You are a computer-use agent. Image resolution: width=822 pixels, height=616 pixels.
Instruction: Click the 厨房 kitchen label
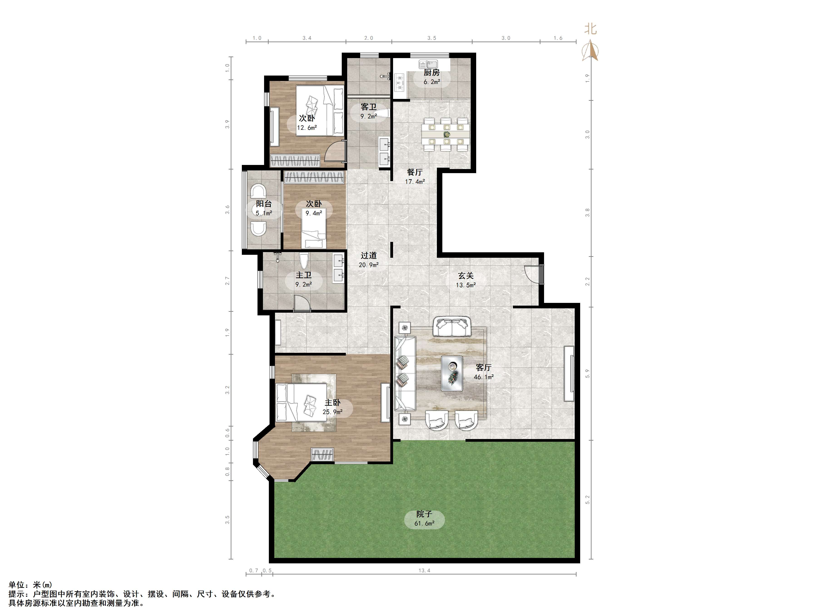click(431, 73)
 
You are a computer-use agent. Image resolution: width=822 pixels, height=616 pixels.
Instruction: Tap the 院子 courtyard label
click(424, 514)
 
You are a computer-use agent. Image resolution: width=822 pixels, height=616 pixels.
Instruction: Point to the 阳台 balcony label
click(264, 204)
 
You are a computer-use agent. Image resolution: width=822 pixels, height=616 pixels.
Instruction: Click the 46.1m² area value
click(483, 377)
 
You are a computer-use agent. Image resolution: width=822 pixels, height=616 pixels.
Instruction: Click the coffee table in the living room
click(452, 373)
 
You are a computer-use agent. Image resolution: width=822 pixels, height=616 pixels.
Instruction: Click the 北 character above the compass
click(590, 29)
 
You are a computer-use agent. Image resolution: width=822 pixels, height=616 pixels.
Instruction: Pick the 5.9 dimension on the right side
click(587, 373)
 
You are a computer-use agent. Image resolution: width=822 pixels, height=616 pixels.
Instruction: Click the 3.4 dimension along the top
click(307, 38)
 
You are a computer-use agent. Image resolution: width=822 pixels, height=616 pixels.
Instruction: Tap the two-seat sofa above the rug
click(452, 327)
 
